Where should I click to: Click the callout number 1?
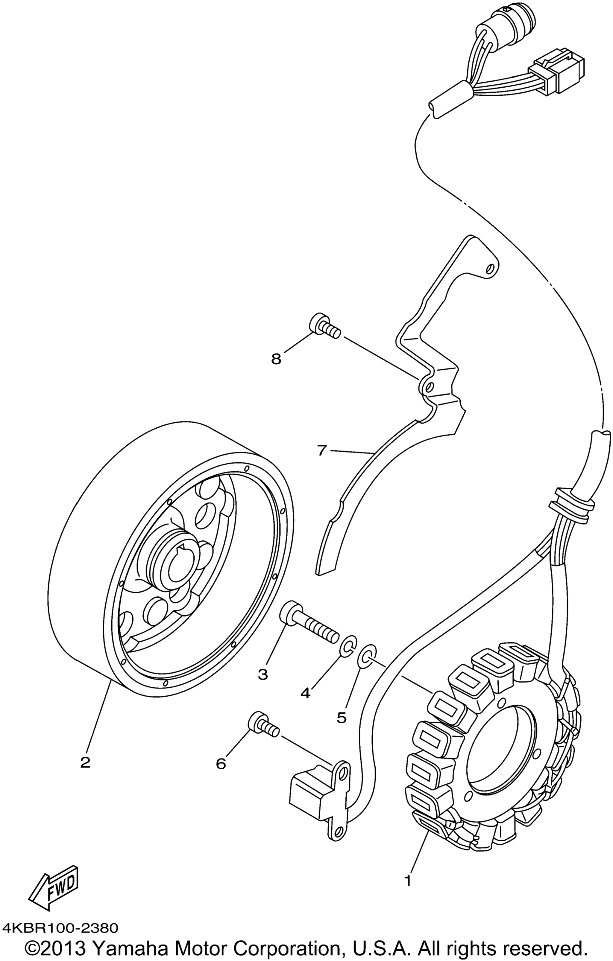(x=408, y=878)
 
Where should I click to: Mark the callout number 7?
(x=322, y=450)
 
